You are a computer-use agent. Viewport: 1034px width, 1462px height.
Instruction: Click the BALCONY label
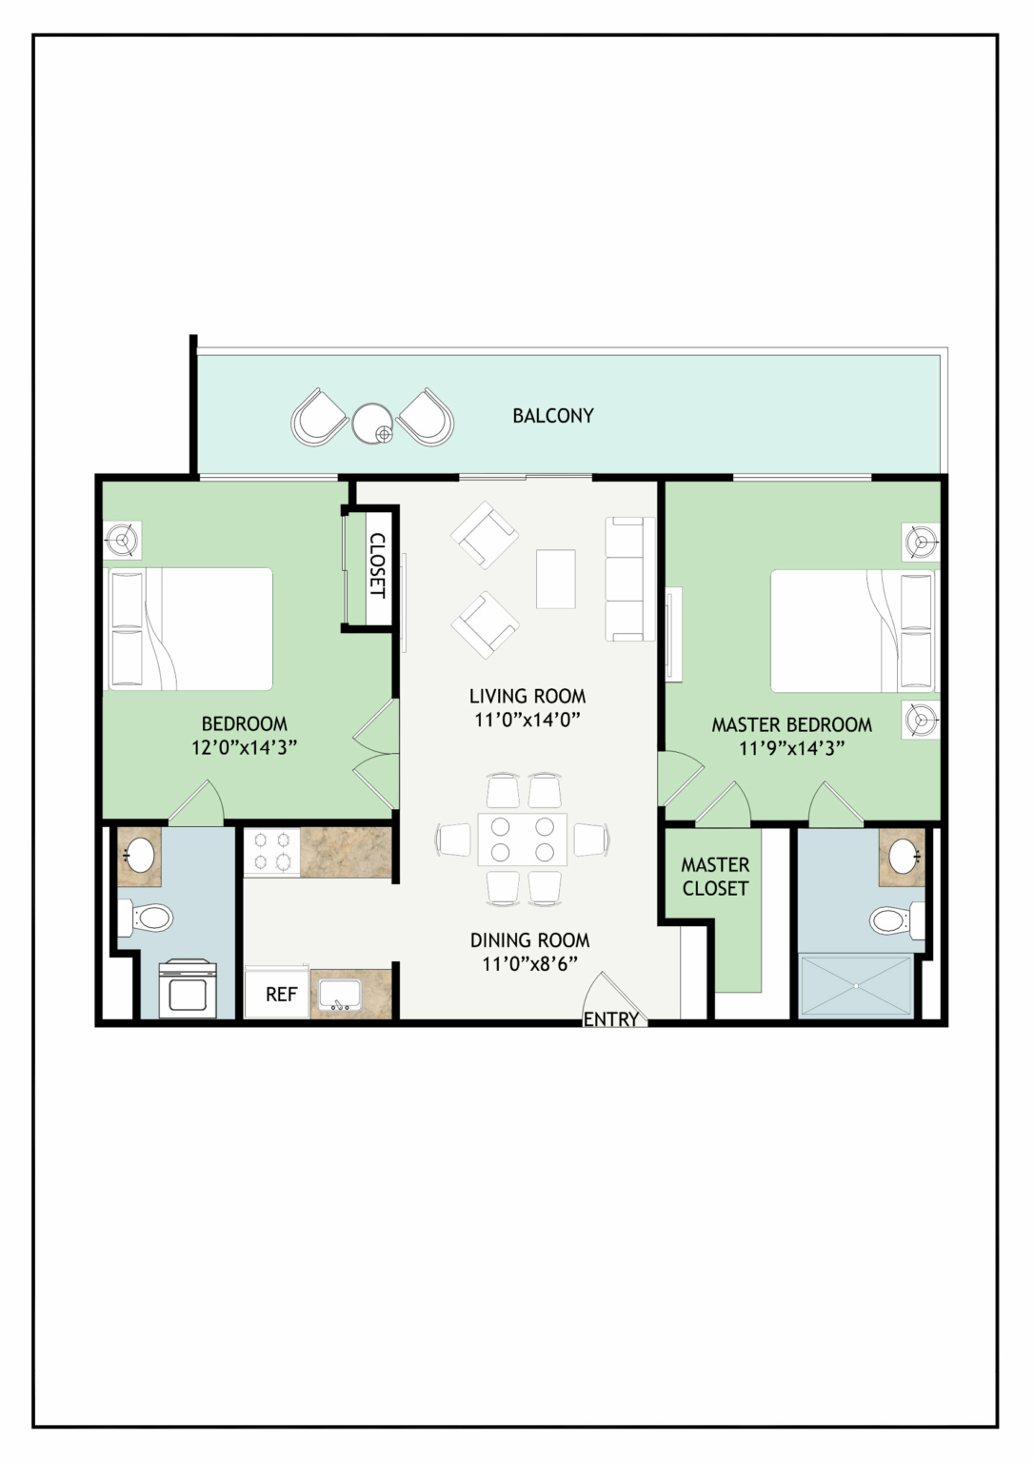point(553,416)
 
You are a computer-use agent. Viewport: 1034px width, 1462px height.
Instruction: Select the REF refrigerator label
point(281,994)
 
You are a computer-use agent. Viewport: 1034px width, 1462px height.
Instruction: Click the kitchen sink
point(338,996)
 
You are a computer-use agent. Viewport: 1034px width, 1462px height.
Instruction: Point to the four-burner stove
point(272,852)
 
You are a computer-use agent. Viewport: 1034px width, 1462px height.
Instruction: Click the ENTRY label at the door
point(611,1018)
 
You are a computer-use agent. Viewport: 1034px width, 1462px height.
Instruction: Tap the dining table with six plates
point(522,840)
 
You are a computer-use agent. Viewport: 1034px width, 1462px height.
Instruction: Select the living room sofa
point(630,579)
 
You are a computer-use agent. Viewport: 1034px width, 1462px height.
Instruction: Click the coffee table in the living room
point(555,579)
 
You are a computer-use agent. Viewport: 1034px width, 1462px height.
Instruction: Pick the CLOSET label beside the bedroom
point(378,565)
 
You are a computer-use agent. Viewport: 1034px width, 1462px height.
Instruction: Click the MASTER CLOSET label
point(715,877)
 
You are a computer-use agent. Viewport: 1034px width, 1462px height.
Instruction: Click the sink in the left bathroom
point(140,854)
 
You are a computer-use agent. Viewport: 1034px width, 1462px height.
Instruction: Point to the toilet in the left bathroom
point(145,917)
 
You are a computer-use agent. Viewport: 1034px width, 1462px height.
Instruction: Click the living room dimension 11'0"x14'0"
point(527,720)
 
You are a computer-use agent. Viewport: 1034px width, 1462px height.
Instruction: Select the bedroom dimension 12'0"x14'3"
point(244,747)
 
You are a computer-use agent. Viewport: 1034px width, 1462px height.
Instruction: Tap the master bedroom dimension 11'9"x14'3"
point(792,748)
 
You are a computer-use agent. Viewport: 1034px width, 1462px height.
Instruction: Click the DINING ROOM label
point(530,939)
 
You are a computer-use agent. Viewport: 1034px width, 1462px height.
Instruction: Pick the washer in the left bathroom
point(188,988)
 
